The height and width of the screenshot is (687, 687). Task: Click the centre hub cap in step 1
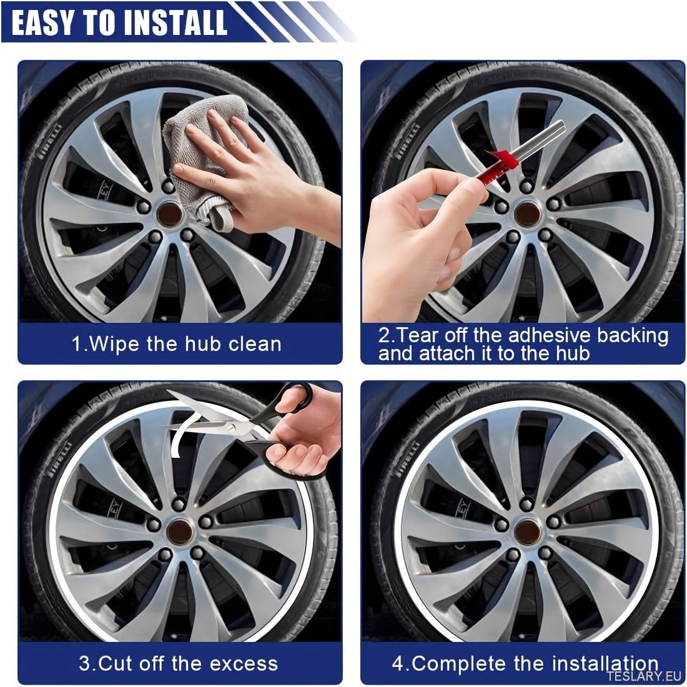[169, 214]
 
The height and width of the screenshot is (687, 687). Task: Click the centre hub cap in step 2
[528, 214]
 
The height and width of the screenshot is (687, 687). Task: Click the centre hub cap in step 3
[180, 532]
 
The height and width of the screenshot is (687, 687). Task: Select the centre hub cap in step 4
[528, 532]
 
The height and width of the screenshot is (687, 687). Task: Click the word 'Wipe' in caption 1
[114, 344]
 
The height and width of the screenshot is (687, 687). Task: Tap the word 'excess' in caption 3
[244, 664]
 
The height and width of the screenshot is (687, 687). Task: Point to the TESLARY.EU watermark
[646, 676]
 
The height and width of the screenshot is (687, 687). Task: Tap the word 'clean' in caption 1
[255, 344]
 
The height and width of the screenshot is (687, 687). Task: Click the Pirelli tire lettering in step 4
[407, 460]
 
